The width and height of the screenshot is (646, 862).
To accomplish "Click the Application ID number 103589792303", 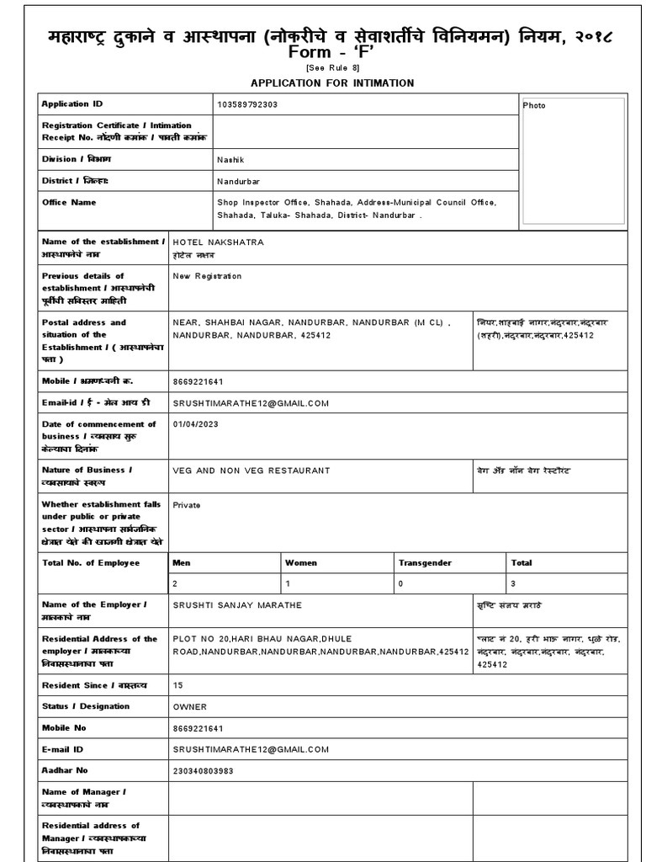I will point(247,104).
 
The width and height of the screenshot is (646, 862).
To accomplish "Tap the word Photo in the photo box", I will point(534,105).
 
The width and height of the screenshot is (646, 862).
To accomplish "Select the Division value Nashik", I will point(230,159).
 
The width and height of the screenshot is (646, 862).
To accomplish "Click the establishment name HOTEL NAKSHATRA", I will point(218,242).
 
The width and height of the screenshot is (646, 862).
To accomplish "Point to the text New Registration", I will point(207,276).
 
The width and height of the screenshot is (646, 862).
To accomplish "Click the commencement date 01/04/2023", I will point(195,424).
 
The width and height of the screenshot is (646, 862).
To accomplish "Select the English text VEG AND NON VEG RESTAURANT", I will point(252,471).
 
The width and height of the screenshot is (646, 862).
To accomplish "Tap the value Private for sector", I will point(187,505).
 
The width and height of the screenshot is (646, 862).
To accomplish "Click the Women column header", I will point(301,562).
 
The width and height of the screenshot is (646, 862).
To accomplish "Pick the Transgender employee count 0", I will point(400,583).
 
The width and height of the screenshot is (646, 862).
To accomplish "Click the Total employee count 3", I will point(513,583).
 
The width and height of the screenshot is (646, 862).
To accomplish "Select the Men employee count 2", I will point(175,583).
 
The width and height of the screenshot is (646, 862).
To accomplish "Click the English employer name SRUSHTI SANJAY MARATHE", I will point(237,605).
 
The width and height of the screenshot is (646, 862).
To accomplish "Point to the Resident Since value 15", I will point(177,686).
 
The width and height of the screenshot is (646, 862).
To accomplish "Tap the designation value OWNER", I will point(189,707).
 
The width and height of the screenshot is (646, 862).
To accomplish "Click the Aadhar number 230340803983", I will point(214,770).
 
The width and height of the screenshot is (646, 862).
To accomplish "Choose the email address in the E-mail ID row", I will point(251,749).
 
